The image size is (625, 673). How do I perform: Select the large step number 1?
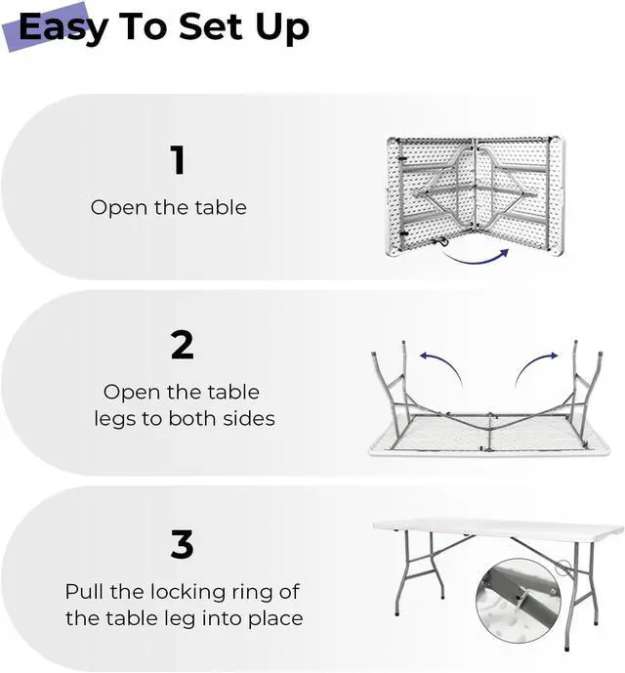pyautogui.click(x=178, y=159)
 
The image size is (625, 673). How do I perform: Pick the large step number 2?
pyautogui.click(x=182, y=345)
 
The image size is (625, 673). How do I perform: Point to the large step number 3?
pyautogui.click(x=182, y=544)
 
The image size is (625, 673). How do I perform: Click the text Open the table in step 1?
pyautogui.click(x=169, y=208)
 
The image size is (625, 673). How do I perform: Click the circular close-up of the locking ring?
pyautogui.click(x=519, y=601)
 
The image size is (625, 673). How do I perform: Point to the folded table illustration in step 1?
pyautogui.click(x=476, y=196)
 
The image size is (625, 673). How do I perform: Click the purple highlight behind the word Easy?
pyautogui.click(x=46, y=28)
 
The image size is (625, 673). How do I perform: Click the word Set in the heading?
pyautogui.click(x=211, y=27)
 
